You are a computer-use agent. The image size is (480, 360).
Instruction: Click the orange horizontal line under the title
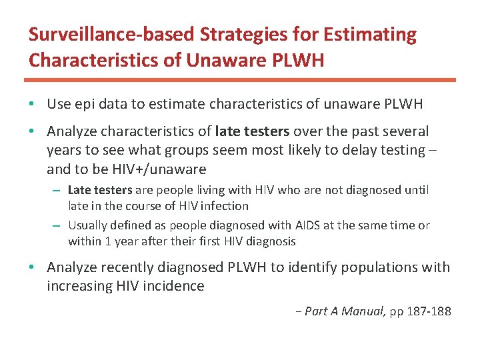tap(240, 80)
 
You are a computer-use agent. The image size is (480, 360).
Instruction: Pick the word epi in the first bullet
tap(86, 104)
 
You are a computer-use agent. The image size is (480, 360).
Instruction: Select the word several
tap(404, 131)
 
